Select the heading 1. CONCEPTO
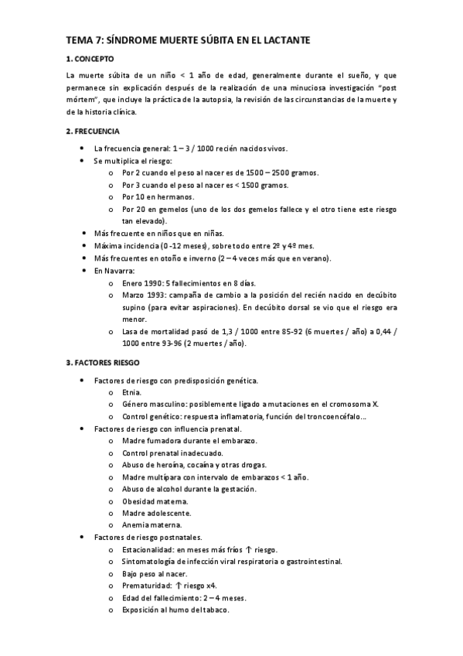(90, 59)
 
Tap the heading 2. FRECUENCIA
(94, 131)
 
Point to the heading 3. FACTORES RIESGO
(103, 363)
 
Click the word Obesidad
(141, 501)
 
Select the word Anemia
(137, 525)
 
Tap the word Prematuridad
(147, 586)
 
